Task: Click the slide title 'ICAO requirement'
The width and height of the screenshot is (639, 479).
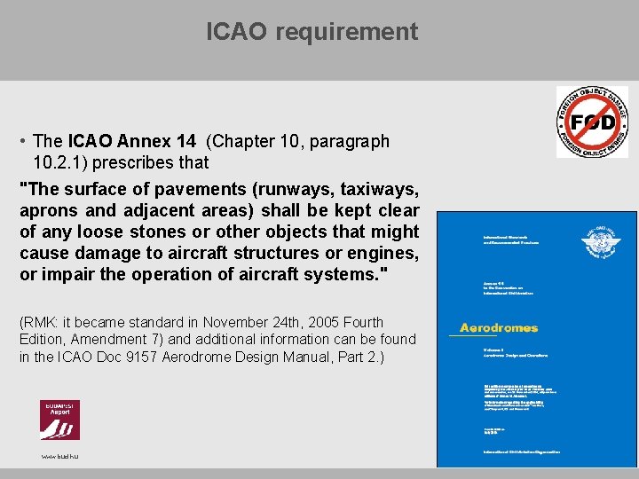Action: [x=312, y=32]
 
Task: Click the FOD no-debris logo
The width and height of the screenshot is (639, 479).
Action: [x=591, y=122]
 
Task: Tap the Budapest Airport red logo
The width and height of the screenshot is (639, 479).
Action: [x=59, y=420]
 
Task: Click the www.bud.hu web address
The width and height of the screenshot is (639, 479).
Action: [x=60, y=457]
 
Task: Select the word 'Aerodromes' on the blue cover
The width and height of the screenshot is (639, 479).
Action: [x=499, y=327]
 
